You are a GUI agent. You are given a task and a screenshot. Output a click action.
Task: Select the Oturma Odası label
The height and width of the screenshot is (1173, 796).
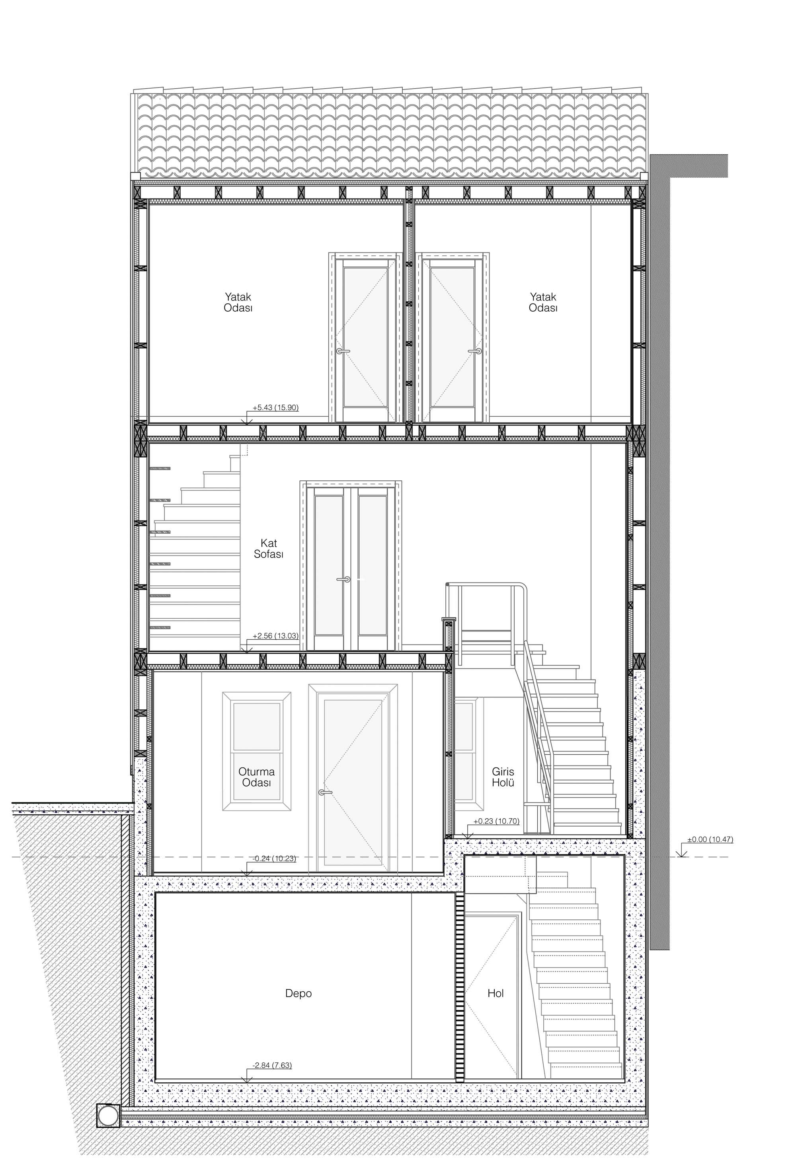click(257, 777)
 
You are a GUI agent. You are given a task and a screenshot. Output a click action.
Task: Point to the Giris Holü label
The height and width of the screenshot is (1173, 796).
click(503, 777)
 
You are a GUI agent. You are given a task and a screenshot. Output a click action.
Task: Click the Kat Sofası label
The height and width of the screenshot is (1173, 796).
click(268, 548)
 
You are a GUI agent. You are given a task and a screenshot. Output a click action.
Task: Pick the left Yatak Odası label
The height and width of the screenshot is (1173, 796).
click(238, 302)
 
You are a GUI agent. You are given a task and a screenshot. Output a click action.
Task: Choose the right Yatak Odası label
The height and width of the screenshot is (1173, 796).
click(543, 302)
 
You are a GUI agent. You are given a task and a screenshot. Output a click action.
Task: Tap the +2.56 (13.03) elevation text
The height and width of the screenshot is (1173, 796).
click(276, 635)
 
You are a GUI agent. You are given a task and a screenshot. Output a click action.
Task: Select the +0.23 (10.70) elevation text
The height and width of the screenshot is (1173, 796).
click(496, 821)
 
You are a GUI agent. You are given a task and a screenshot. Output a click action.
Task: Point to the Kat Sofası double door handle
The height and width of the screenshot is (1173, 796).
click(345, 579)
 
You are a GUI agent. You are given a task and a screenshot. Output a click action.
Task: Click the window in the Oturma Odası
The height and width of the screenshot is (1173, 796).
click(257, 751)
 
